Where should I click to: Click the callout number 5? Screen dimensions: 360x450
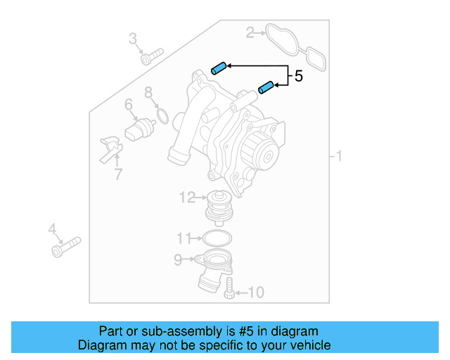299,76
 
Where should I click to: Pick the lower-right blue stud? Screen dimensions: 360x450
266,87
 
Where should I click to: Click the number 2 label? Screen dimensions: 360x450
250,32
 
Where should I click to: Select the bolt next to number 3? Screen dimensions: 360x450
152,55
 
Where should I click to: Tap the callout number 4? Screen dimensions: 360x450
52,229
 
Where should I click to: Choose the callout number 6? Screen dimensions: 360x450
129,105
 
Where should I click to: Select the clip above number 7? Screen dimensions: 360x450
110,147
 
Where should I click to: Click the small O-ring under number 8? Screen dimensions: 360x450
161,115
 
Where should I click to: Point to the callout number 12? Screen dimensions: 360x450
187,198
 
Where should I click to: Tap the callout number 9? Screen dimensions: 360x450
179,260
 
